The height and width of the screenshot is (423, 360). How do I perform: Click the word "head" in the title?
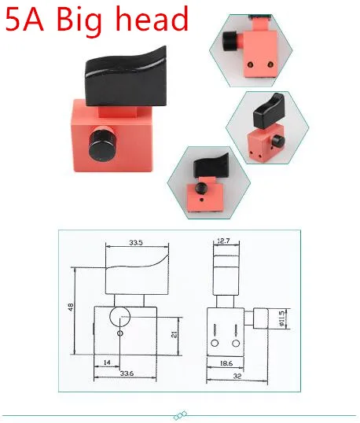coord(152,18)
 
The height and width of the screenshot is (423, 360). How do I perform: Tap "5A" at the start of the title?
coord(24,20)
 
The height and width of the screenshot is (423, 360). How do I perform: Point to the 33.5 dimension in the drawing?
coord(136,242)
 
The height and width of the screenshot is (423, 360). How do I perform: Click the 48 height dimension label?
coord(71,307)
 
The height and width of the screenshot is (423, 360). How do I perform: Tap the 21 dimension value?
coord(174,334)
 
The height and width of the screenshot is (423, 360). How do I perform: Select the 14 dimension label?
coord(107,362)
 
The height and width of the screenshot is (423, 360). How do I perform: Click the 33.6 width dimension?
coord(127,373)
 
